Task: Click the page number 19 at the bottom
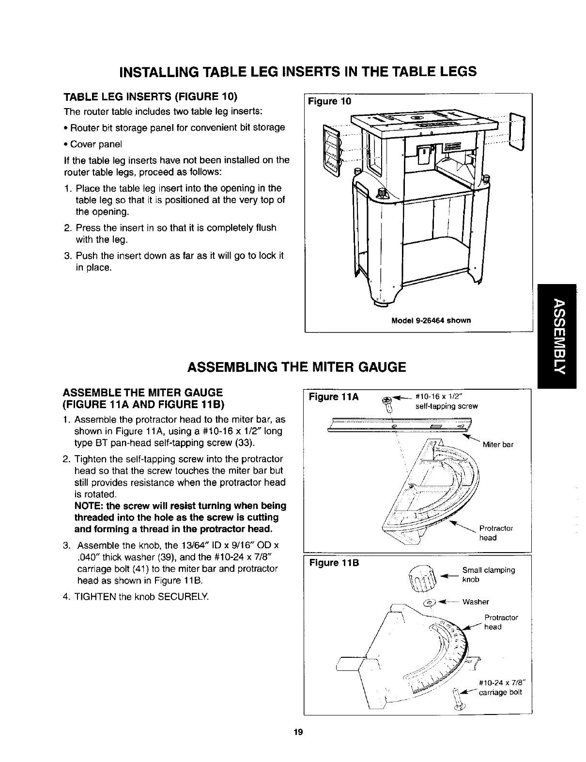tap(297, 731)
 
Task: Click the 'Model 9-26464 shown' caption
tap(431, 320)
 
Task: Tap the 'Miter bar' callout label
tap(498, 444)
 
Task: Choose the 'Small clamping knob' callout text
tap(488, 574)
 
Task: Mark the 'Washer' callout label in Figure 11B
tap(476, 602)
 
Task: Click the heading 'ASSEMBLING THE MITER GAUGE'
tap(296, 366)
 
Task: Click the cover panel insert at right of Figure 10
tap(518, 131)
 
